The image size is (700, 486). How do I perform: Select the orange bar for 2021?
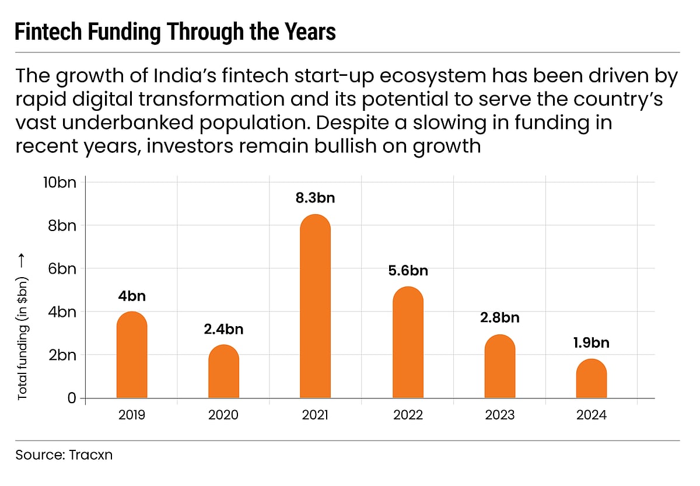click(315, 309)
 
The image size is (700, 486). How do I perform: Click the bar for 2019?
click(132, 357)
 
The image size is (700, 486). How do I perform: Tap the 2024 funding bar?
click(591, 380)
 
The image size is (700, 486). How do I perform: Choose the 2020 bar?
click(223, 373)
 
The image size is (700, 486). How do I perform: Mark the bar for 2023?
click(500, 369)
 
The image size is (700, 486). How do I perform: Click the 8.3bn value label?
click(315, 198)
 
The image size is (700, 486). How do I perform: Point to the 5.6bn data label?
click(407, 271)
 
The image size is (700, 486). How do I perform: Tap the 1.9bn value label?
click(591, 343)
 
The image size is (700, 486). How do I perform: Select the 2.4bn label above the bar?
click(223, 330)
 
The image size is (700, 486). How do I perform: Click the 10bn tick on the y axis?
click(60, 182)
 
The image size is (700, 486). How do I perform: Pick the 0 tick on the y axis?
click(72, 398)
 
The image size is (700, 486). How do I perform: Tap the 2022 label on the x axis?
click(407, 415)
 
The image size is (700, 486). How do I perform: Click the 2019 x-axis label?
click(132, 415)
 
